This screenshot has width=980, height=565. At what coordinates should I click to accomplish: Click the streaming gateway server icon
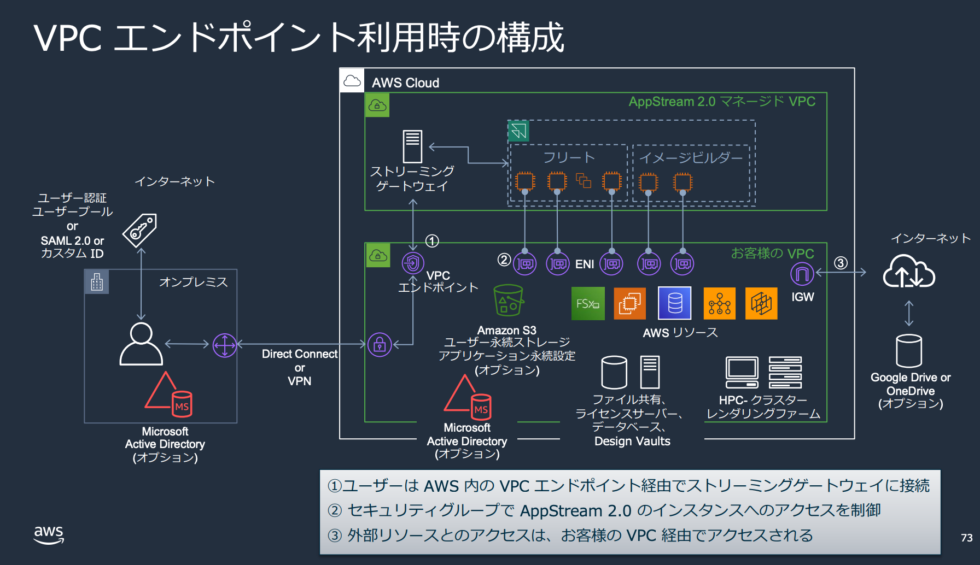pyautogui.click(x=412, y=146)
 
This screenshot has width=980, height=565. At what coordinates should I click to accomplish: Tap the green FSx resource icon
pyautogui.click(x=588, y=303)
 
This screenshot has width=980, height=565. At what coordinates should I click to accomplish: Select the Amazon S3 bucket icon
pyautogui.click(x=509, y=300)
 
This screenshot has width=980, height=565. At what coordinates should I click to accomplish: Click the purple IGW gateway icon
pyautogui.click(x=802, y=273)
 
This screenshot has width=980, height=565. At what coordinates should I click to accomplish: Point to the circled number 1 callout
pyautogui.click(x=432, y=241)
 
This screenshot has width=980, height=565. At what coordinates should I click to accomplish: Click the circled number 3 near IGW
pyautogui.click(x=841, y=263)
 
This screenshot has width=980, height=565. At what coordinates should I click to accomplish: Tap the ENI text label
pyautogui.click(x=585, y=264)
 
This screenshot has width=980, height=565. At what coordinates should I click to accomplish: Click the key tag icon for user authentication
pyautogui.click(x=140, y=229)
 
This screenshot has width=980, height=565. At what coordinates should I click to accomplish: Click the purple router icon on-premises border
pyautogui.click(x=224, y=345)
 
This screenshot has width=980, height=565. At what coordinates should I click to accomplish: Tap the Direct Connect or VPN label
pyautogui.click(x=300, y=367)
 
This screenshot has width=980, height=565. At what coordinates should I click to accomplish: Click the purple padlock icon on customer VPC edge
pyautogui.click(x=380, y=345)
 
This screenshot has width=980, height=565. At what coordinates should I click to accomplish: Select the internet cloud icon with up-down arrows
pyautogui.click(x=909, y=271)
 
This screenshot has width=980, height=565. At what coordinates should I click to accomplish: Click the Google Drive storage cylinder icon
pyautogui.click(x=909, y=351)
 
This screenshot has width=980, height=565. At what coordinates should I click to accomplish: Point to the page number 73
pyautogui.click(x=966, y=538)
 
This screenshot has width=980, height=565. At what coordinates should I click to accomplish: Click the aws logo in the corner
pyautogui.click(x=49, y=534)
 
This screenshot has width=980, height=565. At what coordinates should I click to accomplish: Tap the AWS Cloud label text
pyautogui.click(x=405, y=83)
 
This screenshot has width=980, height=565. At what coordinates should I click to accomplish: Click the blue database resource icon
pyautogui.click(x=674, y=303)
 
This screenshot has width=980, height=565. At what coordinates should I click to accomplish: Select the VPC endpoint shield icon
pyautogui.click(x=413, y=263)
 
